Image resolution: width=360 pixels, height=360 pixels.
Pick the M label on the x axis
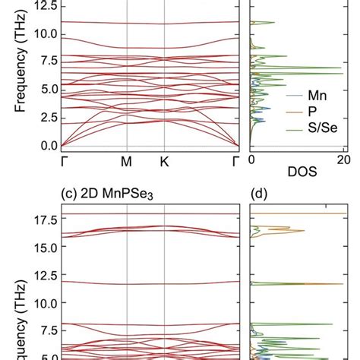(x=127, y=161)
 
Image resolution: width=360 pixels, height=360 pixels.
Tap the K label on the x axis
(x=165, y=161)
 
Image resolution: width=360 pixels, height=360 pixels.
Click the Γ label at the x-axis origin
(x=62, y=161)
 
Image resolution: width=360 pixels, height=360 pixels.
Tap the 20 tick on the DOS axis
(x=343, y=161)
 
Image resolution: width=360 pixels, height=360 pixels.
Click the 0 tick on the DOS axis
(x=252, y=161)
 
